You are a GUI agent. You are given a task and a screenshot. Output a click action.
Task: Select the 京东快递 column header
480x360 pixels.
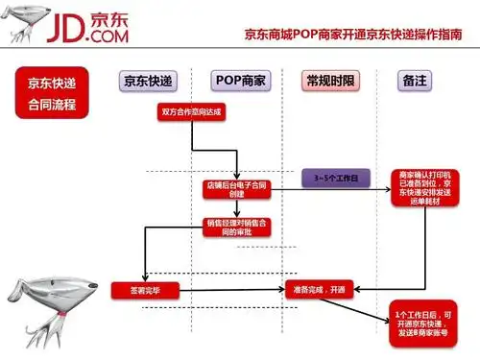click(x=150, y=82)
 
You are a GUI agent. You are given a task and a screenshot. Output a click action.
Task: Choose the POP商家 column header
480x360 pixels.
click(x=240, y=82)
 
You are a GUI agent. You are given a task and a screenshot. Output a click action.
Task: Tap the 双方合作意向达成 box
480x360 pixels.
click(x=190, y=112)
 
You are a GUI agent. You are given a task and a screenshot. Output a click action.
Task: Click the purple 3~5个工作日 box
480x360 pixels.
click(x=329, y=180)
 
